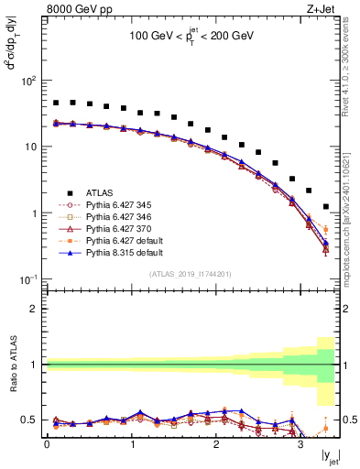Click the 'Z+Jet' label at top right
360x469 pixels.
click(x=325, y=9)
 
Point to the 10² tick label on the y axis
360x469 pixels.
click(x=28, y=81)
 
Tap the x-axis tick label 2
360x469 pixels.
click(x=216, y=451)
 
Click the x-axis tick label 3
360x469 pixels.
click(x=300, y=451)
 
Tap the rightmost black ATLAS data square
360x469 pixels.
click(x=326, y=207)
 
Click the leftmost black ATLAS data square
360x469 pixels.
click(x=56, y=104)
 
